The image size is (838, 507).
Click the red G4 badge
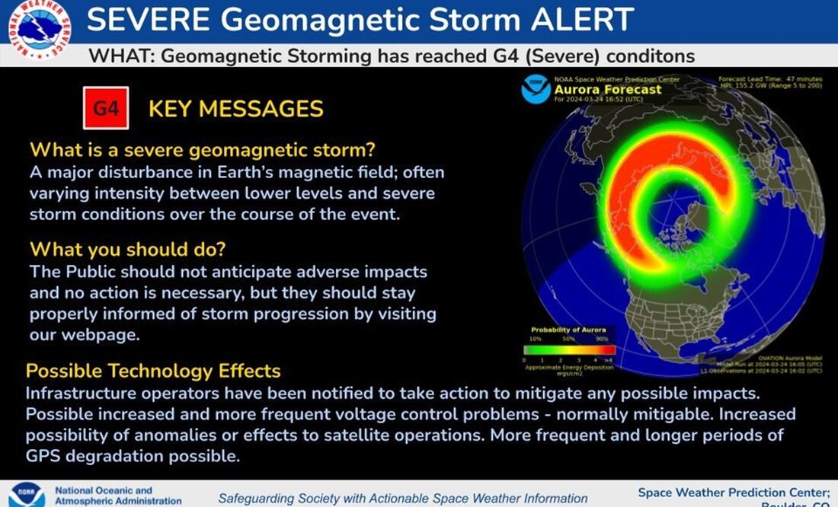click(106, 108)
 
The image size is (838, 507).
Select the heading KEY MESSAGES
click(236, 109)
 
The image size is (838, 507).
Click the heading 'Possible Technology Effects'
click(153, 371)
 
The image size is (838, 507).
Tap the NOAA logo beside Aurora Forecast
click(536, 89)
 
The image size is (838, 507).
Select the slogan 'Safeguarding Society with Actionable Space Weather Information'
click(403, 499)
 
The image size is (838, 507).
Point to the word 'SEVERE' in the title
click(145, 21)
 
